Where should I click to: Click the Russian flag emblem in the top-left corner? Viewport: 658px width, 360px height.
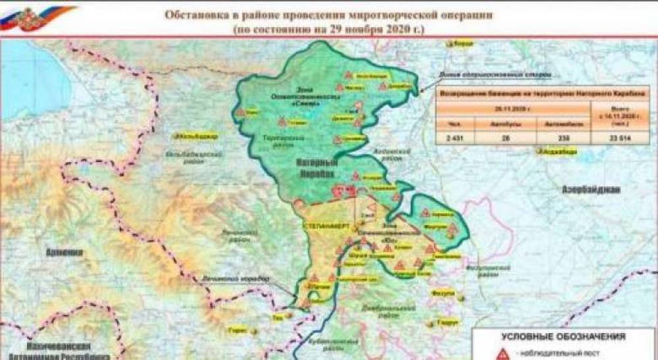click(18, 18)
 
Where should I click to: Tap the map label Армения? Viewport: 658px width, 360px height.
click(64, 252)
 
